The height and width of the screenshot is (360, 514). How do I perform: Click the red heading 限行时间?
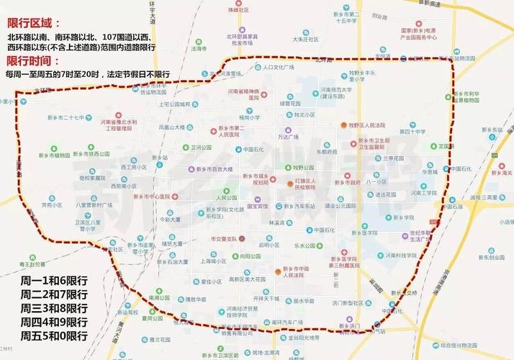click(34, 60)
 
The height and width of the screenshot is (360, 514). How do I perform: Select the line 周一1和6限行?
click(54, 279)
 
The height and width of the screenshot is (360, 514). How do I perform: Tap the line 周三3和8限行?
click(54, 307)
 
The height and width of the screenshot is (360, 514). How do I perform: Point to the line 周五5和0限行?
click(54, 336)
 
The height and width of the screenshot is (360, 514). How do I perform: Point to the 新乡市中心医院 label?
click(154, 196)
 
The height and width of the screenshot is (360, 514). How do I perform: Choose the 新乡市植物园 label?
click(53, 155)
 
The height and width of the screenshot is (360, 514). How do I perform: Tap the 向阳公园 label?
click(250, 256)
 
